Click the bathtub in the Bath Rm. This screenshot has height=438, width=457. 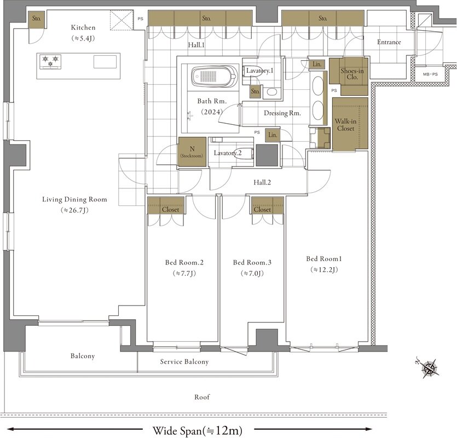214,77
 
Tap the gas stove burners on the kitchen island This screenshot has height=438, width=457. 50,62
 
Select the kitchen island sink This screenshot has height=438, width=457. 105,62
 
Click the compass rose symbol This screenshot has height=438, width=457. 428,368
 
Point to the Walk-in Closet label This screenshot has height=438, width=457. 346,125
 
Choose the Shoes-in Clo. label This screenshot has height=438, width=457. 352,74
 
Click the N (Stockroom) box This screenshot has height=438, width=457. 192,152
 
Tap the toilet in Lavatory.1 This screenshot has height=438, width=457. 252,71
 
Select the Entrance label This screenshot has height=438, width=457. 389,42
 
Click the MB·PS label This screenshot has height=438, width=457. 431,74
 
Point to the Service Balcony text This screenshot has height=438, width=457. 184,361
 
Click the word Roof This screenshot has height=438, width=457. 202,397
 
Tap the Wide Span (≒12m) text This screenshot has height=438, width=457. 198,430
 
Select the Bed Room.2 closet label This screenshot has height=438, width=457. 171,209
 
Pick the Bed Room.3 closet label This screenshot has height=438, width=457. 262,209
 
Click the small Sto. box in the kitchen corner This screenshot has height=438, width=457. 37,20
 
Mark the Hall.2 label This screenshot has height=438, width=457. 262,182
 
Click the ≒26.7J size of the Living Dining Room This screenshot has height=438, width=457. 74,210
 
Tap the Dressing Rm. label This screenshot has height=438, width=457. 282,113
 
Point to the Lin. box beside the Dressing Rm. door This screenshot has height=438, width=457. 273,135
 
